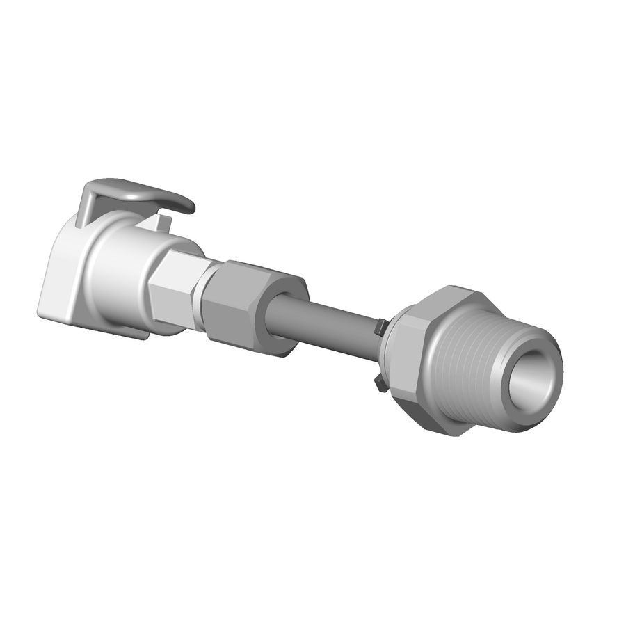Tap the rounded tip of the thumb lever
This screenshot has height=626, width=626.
[186, 205]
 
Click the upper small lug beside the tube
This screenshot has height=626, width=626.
[380, 326]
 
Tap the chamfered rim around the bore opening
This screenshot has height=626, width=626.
[549, 348]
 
